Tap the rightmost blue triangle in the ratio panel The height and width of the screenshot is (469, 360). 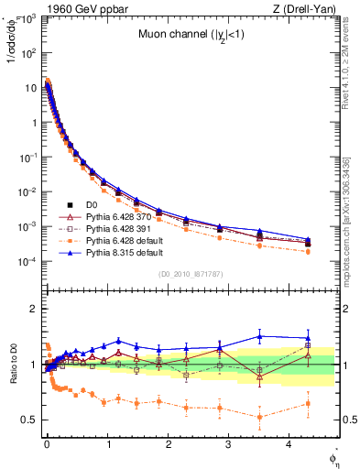pos(308,337)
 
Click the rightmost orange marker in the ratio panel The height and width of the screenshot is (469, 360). pos(308,403)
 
